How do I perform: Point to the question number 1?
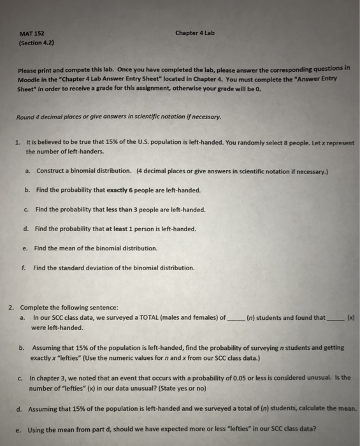18,143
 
